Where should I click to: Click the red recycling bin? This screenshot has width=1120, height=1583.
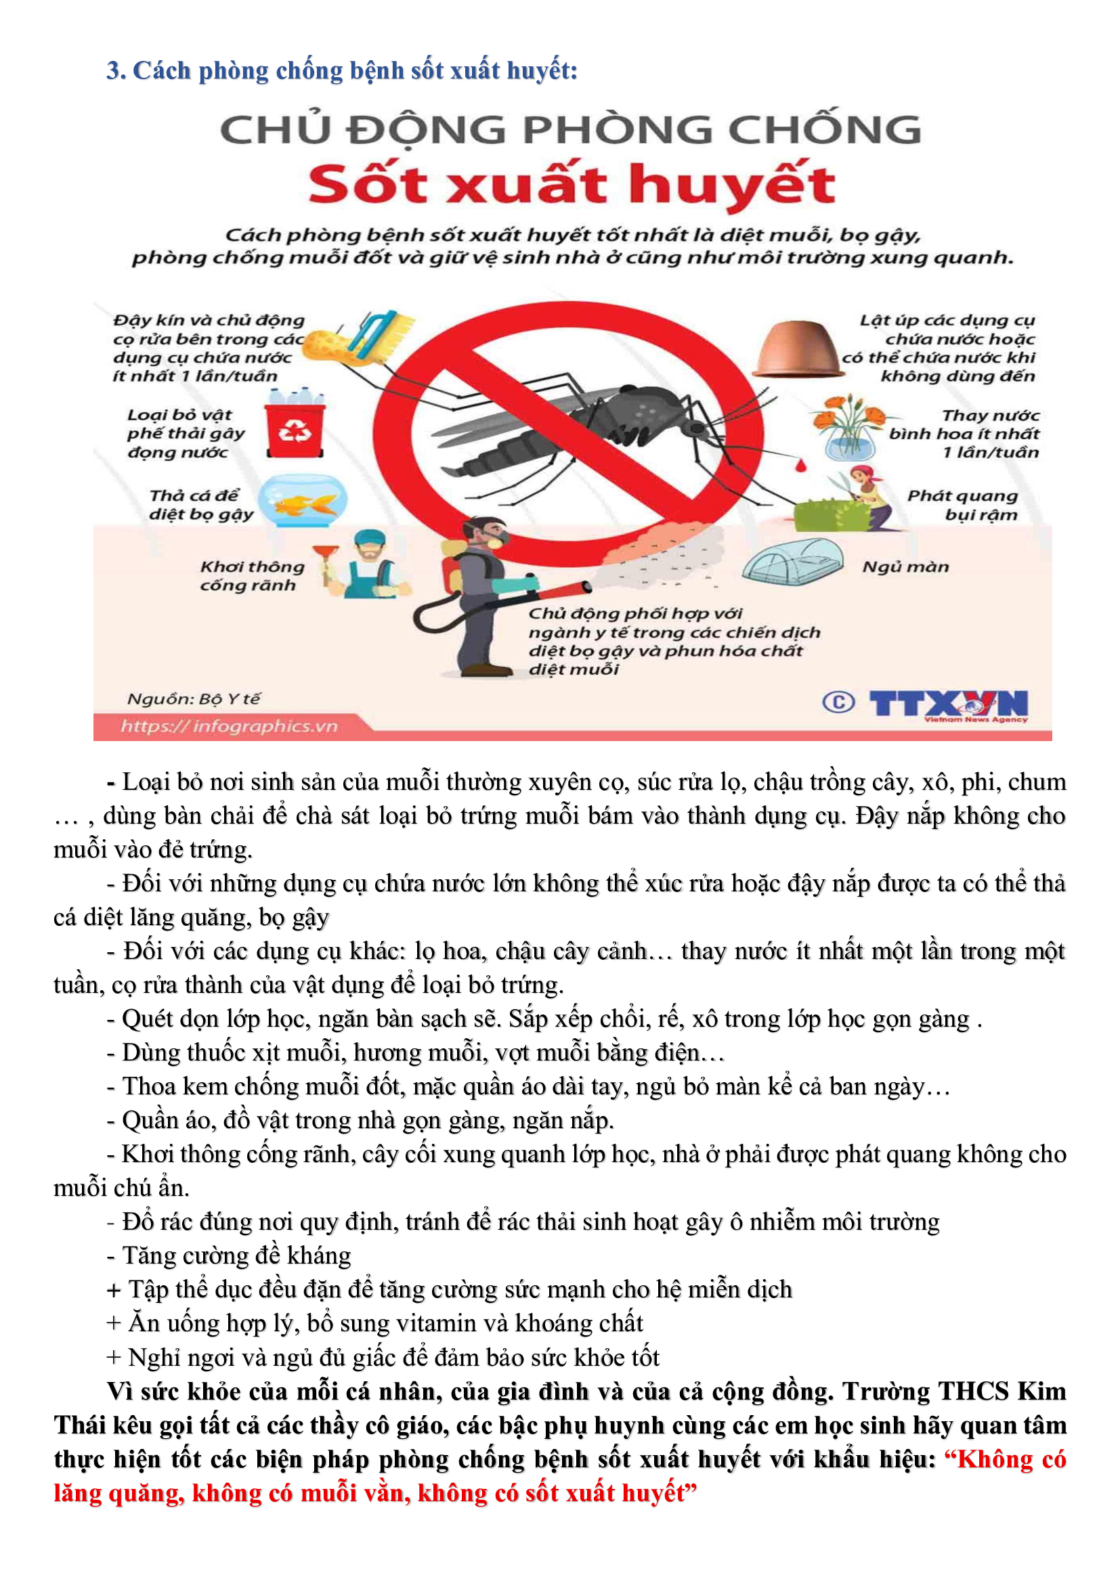point(295,430)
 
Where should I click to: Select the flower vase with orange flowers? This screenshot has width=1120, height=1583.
point(850,428)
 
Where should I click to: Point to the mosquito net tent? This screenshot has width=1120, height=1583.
point(793,560)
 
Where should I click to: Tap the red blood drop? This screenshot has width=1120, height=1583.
point(800,467)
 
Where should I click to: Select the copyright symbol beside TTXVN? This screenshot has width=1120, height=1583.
point(838,703)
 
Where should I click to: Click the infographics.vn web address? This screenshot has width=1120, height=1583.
point(229,726)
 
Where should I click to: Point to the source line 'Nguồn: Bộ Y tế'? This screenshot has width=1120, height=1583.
point(194,699)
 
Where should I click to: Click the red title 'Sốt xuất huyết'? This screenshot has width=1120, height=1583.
point(572,185)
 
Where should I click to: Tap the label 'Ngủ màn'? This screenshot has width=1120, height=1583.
point(905,566)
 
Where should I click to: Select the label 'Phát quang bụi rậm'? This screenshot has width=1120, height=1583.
point(962,506)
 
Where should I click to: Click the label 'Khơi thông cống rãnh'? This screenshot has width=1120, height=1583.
point(252,576)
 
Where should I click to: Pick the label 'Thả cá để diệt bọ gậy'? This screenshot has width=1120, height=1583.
point(201,505)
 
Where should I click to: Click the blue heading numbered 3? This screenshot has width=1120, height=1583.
point(342,70)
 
